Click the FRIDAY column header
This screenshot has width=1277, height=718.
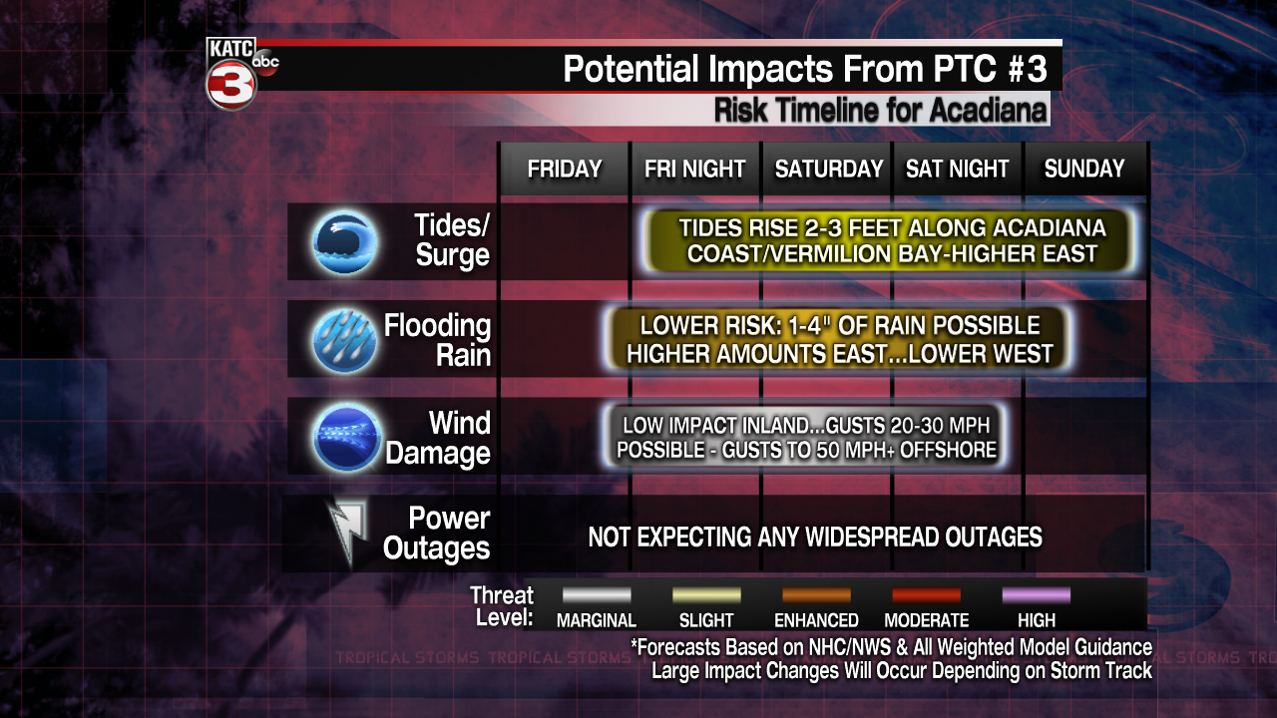565,170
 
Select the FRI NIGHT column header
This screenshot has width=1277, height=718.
694,170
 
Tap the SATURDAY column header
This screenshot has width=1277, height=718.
828,170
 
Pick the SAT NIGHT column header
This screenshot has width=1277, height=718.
957,170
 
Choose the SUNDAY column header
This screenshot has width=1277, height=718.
1083,170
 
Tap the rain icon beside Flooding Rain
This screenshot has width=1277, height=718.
345,340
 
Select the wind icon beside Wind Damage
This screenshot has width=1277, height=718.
345,437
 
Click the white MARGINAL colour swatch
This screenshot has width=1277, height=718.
597,595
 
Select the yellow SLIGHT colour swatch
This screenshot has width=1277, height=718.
706,595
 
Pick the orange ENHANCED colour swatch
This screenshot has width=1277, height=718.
816,595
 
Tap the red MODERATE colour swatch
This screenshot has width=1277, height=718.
926,595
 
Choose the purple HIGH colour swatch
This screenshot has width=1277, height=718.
1037,595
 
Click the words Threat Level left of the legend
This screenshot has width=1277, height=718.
501,606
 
